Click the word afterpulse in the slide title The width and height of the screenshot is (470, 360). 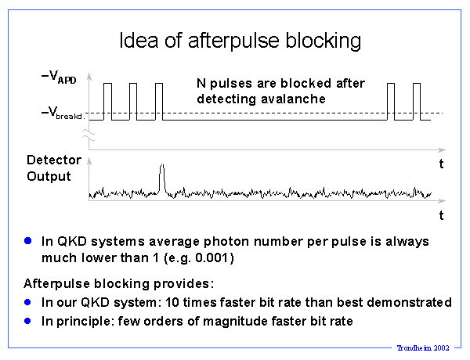234,41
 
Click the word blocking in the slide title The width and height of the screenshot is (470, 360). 324,41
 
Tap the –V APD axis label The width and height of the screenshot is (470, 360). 59,77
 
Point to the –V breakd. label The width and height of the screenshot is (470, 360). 63,113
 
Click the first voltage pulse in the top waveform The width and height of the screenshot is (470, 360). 107,102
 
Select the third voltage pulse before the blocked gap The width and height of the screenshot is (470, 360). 159,102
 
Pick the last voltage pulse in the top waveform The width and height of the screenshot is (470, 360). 417,102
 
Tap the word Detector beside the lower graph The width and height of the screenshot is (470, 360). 54,160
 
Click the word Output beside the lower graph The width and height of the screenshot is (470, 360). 49,176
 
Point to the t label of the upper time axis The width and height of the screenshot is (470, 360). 441,164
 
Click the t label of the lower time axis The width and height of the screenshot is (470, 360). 441,215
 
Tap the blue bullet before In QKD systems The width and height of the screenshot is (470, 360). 28,241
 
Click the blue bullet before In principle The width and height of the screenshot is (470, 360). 27,321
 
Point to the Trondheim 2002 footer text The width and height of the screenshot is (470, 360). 423,347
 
